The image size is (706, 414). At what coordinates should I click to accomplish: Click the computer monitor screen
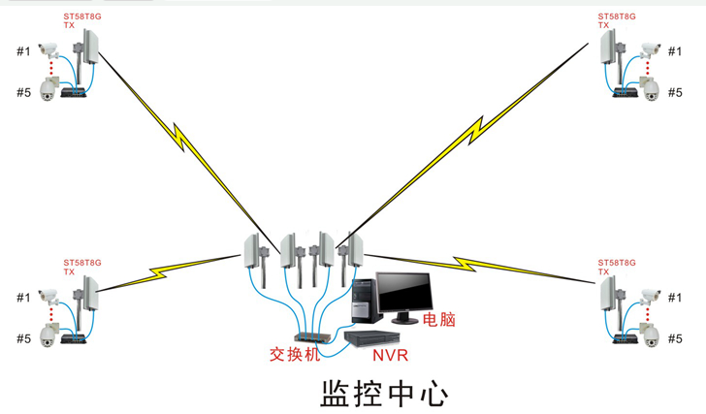tap(404, 292)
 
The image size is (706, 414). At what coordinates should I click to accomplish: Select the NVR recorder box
tap(372, 338)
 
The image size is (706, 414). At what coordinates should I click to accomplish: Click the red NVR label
tap(391, 356)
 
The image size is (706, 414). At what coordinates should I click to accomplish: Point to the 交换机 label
tap(295, 354)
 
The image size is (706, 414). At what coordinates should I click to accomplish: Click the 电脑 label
tap(439, 319)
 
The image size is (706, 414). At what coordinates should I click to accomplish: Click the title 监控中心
tap(384, 394)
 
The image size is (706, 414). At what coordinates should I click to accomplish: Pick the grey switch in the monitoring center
tap(312, 337)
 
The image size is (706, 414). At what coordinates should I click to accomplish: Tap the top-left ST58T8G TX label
tap(81, 20)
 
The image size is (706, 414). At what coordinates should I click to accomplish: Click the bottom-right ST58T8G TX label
tap(617, 267)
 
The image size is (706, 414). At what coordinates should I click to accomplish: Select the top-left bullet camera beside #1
tap(48, 49)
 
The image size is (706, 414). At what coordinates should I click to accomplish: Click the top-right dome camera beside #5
tap(650, 88)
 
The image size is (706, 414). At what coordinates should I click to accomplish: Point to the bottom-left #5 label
tap(24, 338)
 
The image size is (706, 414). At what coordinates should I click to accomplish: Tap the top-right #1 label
tap(675, 51)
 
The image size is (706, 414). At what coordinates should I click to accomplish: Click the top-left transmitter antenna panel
tap(91, 47)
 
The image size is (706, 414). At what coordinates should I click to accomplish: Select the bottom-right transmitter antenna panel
tap(608, 294)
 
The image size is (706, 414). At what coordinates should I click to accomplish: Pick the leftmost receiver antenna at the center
tap(252, 251)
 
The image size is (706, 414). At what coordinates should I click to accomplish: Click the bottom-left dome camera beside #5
tap(48, 334)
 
